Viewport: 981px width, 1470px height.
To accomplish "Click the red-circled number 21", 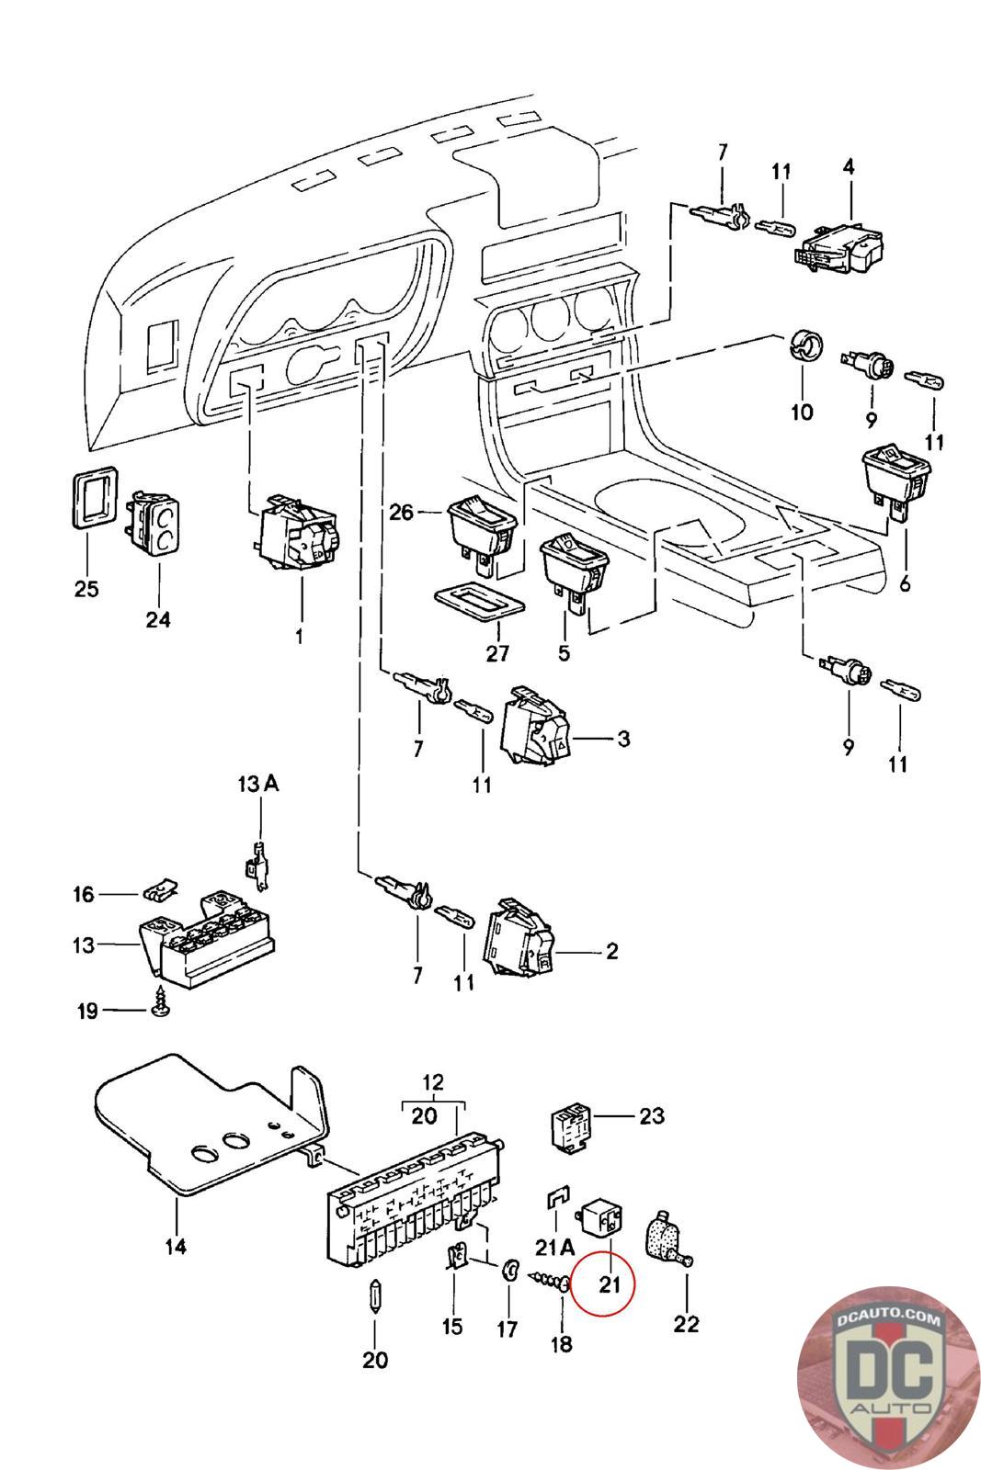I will coord(610,1283).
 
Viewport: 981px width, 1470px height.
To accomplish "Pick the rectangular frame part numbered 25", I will coord(94,501).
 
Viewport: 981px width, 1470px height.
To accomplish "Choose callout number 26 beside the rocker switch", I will coord(402,512).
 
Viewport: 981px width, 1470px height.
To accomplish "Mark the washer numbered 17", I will coord(508,1272).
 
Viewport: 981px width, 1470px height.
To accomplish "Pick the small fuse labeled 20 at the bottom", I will coord(374,1298).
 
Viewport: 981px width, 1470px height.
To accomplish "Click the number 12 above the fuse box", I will coord(432,1080).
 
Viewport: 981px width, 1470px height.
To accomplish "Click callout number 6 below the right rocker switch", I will coord(905,582).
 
